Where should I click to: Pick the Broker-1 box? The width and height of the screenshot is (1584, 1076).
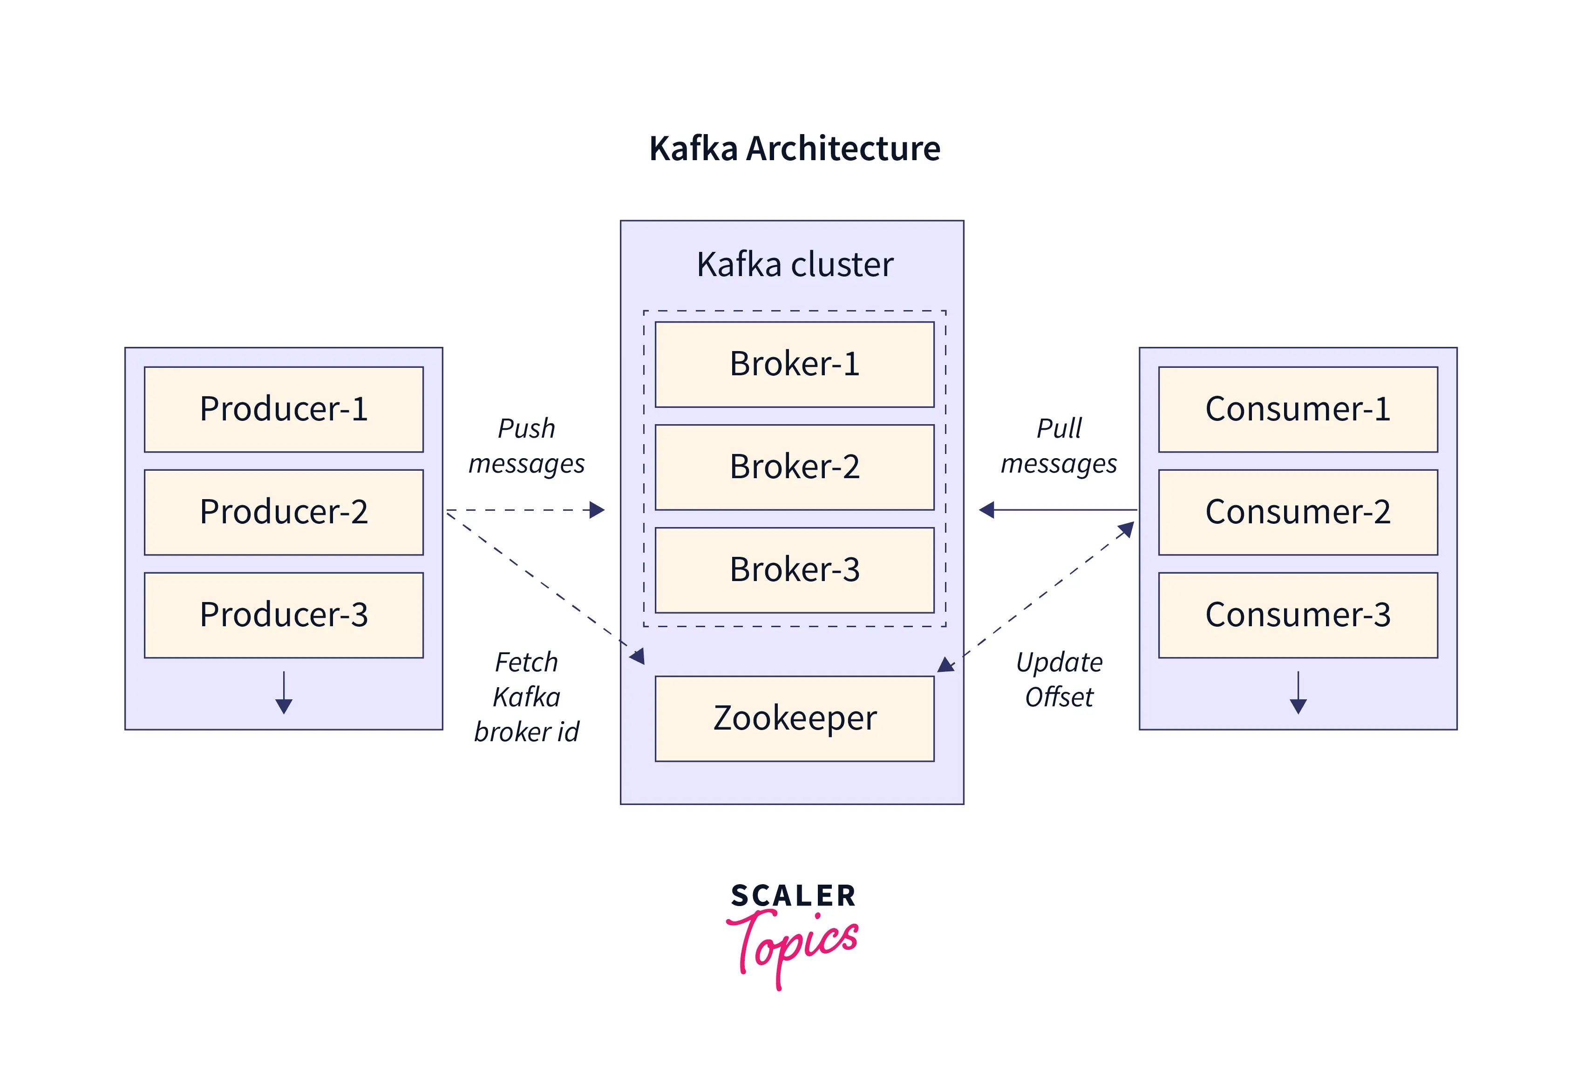coord(795,365)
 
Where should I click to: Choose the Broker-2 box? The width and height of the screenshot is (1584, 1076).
coord(795,467)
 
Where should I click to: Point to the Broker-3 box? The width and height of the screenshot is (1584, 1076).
coord(795,570)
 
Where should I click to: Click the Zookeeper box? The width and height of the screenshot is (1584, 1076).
coord(795,719)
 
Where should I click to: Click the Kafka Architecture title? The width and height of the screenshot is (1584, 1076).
coord(795,149)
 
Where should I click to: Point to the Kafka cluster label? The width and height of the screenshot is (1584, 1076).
coord(795,264)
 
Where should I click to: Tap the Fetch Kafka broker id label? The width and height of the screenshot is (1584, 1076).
coord(526,697)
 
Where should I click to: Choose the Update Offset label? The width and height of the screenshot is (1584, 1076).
coord(1059,679)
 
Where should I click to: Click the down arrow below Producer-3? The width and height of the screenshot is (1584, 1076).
coord(284,692)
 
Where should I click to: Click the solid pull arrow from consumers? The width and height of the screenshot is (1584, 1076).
coord(1058,510)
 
